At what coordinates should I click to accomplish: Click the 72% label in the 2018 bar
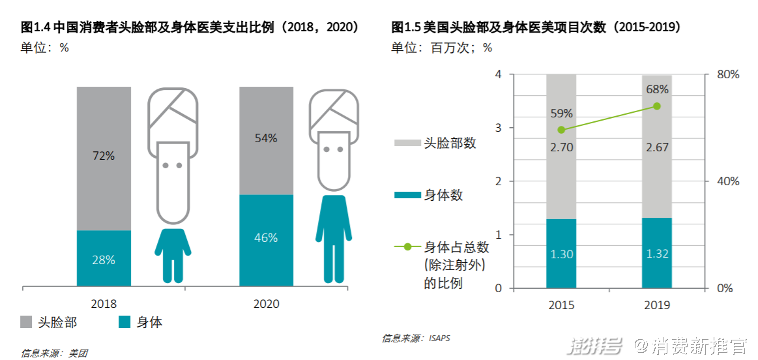(104, 156)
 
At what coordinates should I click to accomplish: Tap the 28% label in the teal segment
(104, 260)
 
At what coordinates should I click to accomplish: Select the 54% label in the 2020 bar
(266, 138)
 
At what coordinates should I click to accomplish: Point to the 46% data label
(266, 238)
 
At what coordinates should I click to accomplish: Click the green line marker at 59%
(561, 130)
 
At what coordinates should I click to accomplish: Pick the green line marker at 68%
(656, 106)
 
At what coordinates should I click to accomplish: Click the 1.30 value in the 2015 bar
(561, 254)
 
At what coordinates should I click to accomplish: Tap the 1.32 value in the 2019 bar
(656, 254)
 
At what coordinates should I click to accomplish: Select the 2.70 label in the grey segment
(561, 147)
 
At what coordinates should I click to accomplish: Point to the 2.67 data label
(656, 147)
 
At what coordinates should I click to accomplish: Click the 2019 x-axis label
(656, 305)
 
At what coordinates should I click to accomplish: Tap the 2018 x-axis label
(104, 304)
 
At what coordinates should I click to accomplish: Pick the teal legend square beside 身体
(124, 322)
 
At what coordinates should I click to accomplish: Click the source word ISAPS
(439, 338)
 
